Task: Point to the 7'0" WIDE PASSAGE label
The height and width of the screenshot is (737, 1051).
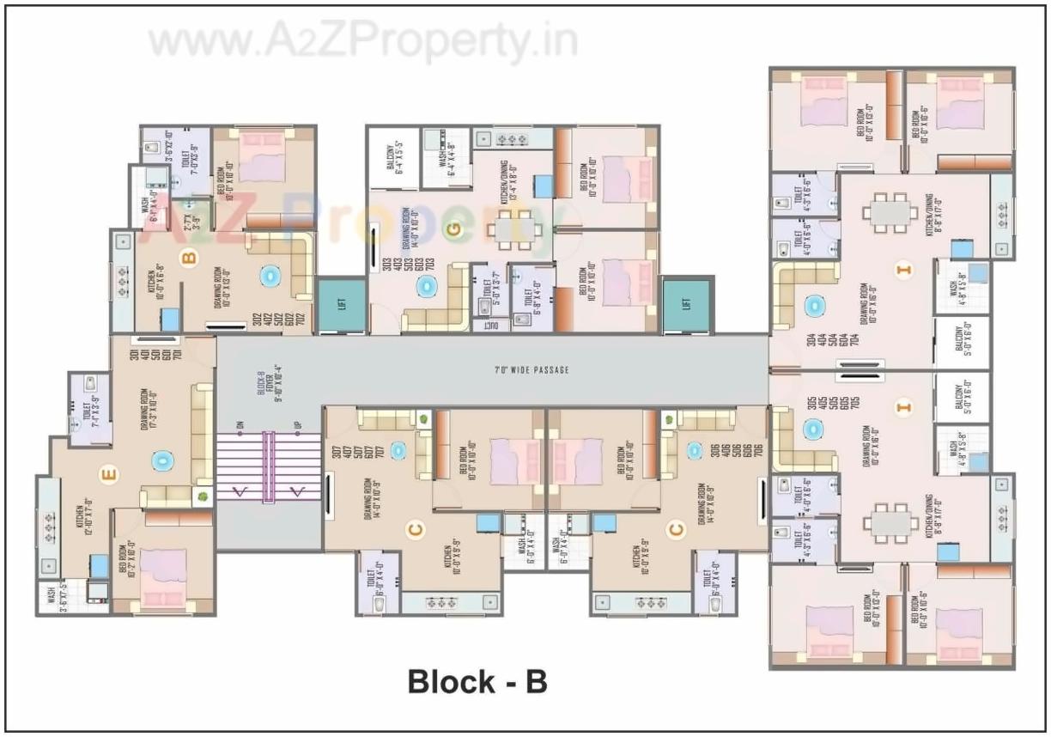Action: [532, 370]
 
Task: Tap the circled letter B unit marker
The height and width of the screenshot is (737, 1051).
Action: [189, 255]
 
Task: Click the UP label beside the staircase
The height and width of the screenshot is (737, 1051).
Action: [297, 425]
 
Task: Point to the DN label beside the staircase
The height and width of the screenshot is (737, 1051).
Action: [240, 425]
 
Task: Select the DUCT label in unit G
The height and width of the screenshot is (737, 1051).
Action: [490, 326]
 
